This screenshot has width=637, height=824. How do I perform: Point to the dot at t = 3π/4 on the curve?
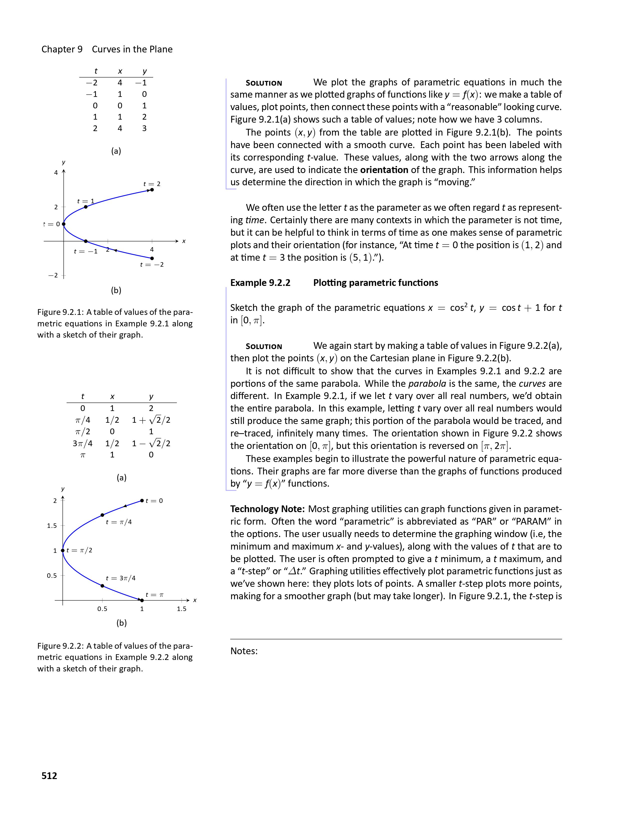click(102, 586)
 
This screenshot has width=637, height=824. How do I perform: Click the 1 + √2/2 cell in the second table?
click(151, 420)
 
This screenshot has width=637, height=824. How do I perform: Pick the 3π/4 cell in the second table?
click(83, 443)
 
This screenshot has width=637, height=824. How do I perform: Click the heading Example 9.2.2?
click(260, 283)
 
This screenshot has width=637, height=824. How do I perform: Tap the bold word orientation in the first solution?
click(384, 170)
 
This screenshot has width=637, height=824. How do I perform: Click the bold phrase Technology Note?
click(268, 509)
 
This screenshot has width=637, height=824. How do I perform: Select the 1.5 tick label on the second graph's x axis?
click(182, 609)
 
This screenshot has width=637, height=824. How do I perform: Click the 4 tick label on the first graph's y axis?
click(56, 173)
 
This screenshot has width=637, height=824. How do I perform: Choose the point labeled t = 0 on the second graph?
click(142, 501)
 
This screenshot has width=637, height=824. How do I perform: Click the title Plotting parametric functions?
click(375, 283)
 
